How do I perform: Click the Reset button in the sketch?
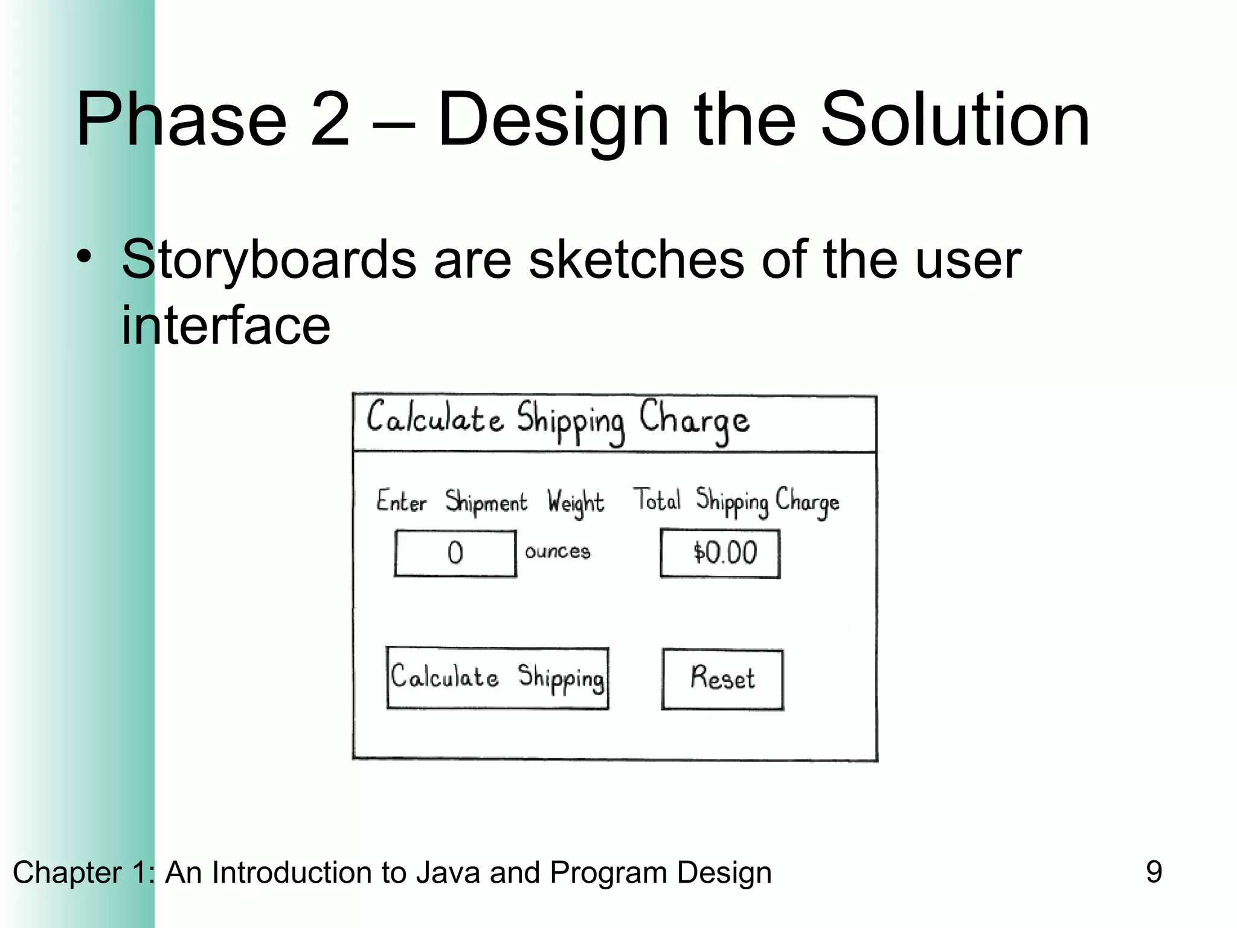(722, 679)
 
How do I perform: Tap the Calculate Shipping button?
(497, 678)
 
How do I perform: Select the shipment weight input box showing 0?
(455, 553)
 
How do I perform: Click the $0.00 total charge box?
(720, 553)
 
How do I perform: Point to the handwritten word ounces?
(557, 551)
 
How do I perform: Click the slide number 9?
(1154, 872)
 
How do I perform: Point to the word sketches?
(636, 260)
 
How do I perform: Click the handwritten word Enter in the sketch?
(401, 501)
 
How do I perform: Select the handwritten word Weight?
(575, 503)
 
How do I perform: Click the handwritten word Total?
(657, 500)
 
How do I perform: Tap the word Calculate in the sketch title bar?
(435, 418)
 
